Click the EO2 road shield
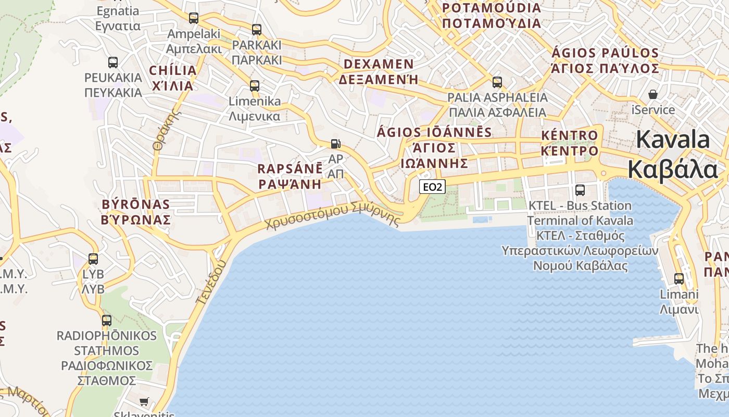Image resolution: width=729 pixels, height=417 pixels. (432, 187)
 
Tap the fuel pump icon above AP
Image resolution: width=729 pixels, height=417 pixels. (336, 144)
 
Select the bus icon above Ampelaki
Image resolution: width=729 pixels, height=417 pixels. (194, 18)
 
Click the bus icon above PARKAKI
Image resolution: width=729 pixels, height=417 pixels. (257, 30)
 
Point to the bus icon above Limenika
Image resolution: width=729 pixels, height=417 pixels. (255, 85)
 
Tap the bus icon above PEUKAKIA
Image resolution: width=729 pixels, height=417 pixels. (113, 63)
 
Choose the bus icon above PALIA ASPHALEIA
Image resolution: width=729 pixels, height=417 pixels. (497, 82)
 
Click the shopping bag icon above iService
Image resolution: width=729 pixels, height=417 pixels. (653, 95)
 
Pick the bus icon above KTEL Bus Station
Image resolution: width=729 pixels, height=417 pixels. (580, 190)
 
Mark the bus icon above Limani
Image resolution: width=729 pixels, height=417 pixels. (679, 279)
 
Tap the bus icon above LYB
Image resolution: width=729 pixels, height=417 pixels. (93, 259)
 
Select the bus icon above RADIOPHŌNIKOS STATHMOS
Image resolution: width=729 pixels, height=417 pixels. (107, 321)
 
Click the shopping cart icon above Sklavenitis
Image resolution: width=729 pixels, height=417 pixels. (144, 401)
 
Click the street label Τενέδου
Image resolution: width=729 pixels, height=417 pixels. (211, 281)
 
